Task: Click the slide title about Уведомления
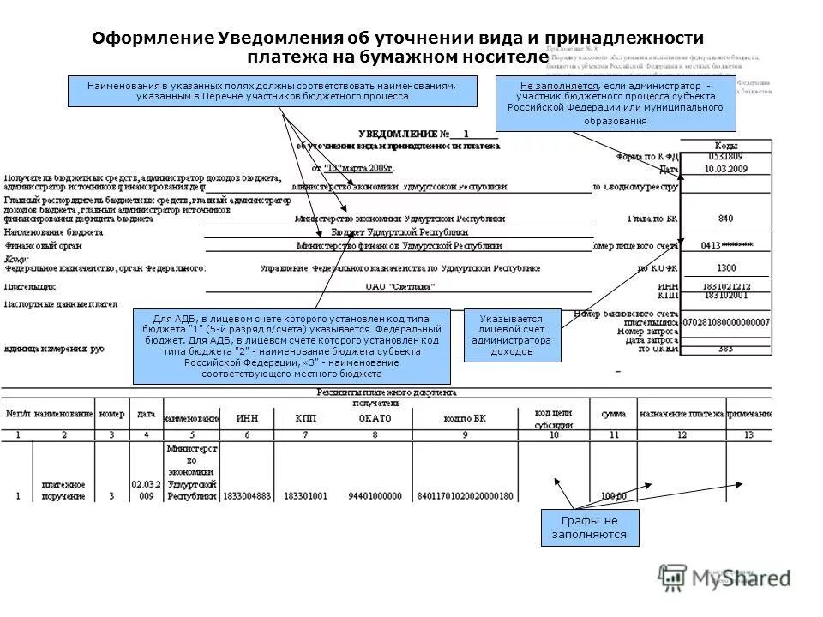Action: (398, 47)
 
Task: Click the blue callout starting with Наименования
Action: (272, 91)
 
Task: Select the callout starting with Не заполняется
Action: (615, 104)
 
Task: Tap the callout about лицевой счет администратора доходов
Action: (512, 335)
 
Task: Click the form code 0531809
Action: (725, 157)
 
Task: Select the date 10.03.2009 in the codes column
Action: (725, 169)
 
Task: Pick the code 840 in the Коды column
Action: (725, 219)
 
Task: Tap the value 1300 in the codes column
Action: (725, 267)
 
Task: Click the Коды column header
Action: (725, 145)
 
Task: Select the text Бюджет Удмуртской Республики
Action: (399, 232)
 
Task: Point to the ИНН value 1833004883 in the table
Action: (246, 496)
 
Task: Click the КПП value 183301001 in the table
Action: (307, 496)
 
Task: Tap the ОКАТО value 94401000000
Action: (374, 496)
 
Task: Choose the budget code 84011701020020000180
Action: (464, 496)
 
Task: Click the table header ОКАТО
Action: (374, 418)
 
